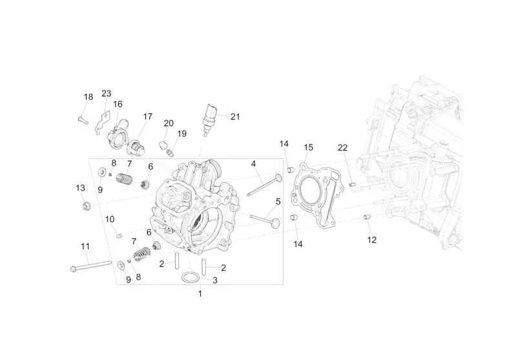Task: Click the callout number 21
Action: click(235, 117)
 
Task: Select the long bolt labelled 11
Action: click(91, 266)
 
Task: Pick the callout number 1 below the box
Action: click(200, 293)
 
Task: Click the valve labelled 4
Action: click(265, 185)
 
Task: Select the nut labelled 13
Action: click(87, 206)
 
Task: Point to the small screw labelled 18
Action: click(83, 120)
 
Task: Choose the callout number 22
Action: click(342, 148)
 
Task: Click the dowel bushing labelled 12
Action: click(367, 217)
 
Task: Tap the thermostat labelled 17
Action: click(136, 148)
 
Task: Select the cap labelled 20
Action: click(163, 145)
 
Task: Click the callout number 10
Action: click(110, 219)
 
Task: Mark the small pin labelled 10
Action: click(118, 236)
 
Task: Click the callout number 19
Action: click(182, 134)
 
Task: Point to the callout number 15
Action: click(308, 147)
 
